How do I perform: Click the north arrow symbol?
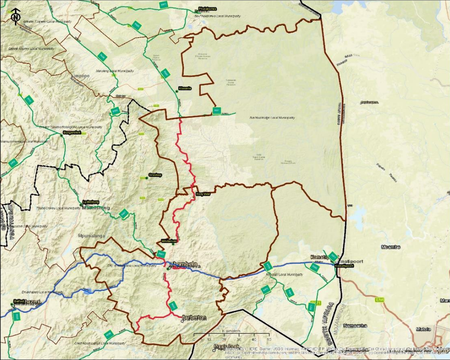(x=16, y=17)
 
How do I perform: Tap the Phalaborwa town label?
(x=208, y=9)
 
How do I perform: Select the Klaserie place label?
(x=185, y=88)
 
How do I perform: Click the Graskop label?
(x=155, y=175)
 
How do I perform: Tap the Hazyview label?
(x=203, y=194)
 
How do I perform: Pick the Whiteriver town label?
(x=169, y=241)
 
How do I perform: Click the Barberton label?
(x=194, y=318)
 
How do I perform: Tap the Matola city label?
(x=423, y=328)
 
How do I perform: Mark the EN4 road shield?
(x=379, y=300)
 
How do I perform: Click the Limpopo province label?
(x=80, y=76)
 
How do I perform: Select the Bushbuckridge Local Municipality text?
(x=272, y=118)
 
